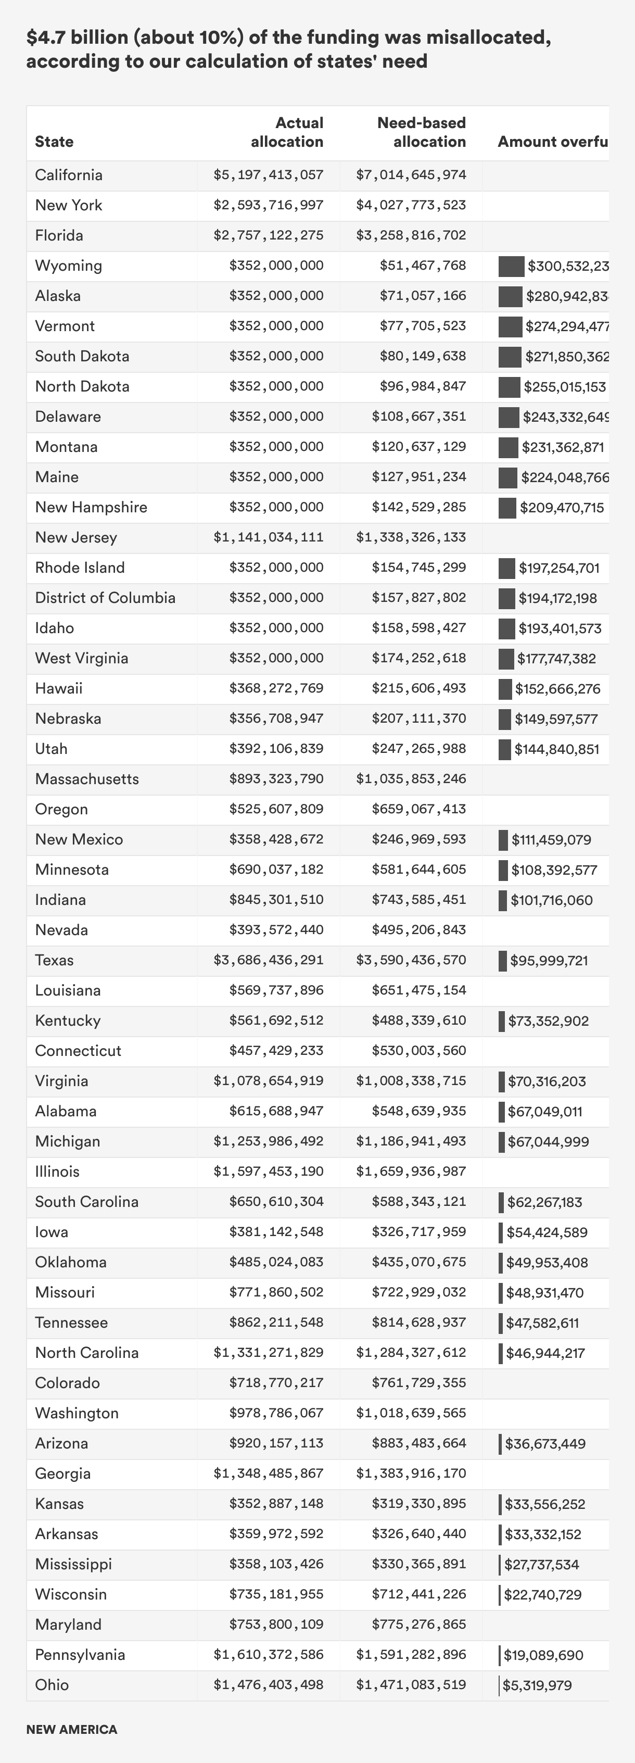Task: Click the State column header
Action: (x=54, y=142)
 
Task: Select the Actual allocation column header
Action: (x=287, y=132)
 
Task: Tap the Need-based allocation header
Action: (x=421, y=132)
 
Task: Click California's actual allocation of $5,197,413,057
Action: (x=268, y=175)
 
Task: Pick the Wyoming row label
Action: (x=68, y=266)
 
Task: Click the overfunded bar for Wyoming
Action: (x=511, y=266)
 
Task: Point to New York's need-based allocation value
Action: (x=411, y=205)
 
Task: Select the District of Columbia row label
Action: (x=105, y=598)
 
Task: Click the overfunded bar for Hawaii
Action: (x=505, y=688)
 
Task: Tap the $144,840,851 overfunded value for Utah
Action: (x=557, y=749)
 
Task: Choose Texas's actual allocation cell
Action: (x=268, y=960)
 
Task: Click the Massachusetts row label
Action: (x=87, y=779)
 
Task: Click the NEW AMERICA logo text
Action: (x=72, y=1730)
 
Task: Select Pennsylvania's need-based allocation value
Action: (x=411, y=1655)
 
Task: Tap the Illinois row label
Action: (x=57, y=1171)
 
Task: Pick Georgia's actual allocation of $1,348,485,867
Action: (x=268, y=1474)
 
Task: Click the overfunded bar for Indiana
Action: (x=503, y=900)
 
